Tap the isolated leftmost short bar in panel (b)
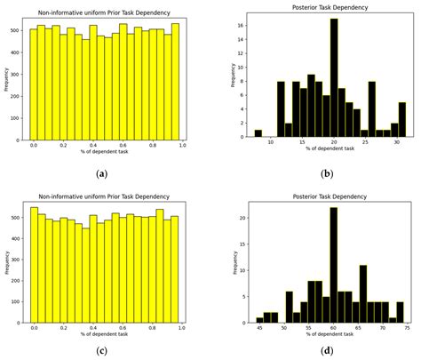(x=258, y=133)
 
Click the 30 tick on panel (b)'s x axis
(x=397, y=142)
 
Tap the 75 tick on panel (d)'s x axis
(x=406, y=327)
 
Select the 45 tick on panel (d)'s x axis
(x=259, y=327)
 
